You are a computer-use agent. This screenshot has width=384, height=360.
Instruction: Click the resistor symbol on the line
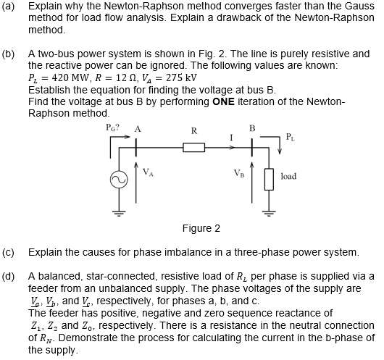193,148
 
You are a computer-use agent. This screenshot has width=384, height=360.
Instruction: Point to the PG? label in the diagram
112,129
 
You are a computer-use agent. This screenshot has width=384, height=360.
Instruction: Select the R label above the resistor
193,131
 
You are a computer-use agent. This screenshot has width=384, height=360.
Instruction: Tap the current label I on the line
230,136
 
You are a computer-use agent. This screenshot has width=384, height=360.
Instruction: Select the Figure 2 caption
201,229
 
